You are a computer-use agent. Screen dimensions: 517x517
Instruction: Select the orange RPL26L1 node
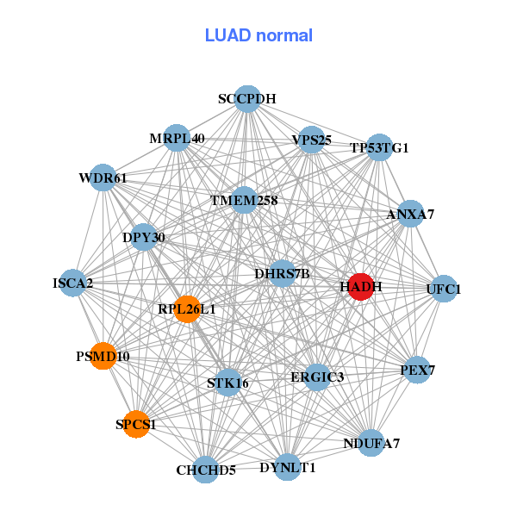pos(187,308)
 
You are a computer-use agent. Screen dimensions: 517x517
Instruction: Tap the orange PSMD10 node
pos(103,356)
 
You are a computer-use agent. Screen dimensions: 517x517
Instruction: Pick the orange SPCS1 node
pos(136,424)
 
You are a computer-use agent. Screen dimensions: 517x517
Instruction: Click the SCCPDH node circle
pos(247,99)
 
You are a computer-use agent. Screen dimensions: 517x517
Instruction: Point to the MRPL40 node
pos(177,139)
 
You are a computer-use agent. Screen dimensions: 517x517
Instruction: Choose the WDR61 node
pos(103,178)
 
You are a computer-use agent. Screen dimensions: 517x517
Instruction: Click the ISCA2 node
pos(73,283)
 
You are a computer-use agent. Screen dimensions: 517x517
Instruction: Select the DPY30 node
pos(144,237)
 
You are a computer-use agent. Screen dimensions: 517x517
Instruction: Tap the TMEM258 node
pos(245,201)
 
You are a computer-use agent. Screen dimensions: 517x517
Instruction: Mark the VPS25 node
pos(312,140)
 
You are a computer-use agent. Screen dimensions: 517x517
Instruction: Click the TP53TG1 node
pos(379,147)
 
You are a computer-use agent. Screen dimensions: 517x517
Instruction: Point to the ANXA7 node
pos(410,214)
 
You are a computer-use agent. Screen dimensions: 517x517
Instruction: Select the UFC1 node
pos(443,289)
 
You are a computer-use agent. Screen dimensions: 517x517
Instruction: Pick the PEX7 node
pos(417,371)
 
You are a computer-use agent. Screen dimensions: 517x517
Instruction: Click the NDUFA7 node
pos(371,443)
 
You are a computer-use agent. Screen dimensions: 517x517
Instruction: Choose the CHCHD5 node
pos(206,470)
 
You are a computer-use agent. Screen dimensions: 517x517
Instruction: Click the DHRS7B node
pos(282,274)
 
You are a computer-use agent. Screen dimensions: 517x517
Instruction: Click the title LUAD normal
pos(258,35)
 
